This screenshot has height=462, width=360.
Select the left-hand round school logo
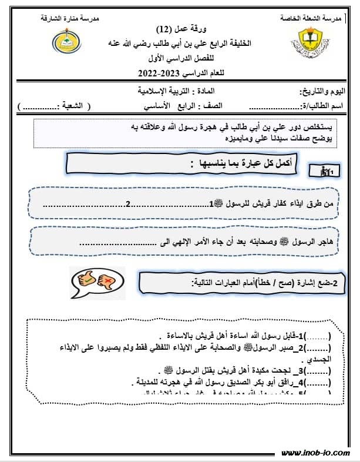tap(63, 42)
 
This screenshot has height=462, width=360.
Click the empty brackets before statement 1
tap(319, 336)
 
